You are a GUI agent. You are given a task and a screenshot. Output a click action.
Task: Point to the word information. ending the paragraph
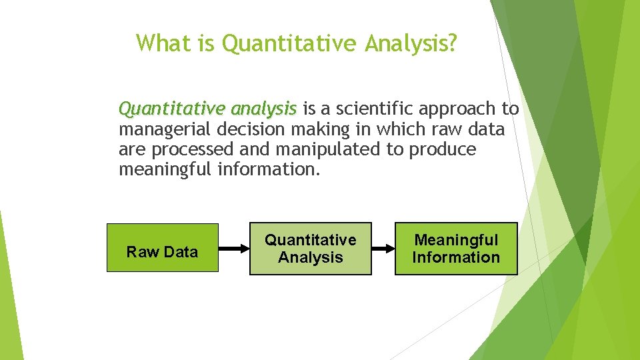click(x=269, y=169)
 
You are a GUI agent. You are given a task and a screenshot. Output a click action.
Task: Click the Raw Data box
click(x=162, y=247)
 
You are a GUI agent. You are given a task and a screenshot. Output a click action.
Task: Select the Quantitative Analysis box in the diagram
click(x=310, y=248)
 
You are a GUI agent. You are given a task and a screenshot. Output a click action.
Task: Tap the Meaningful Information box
click(x=456, y=248)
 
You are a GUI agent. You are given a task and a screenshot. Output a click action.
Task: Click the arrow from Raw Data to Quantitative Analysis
click(x=233, y=249)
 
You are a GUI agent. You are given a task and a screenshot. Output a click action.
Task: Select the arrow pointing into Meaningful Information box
click(x=383, y=249)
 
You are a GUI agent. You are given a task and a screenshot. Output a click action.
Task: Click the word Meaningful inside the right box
click(x=456, y=240)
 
